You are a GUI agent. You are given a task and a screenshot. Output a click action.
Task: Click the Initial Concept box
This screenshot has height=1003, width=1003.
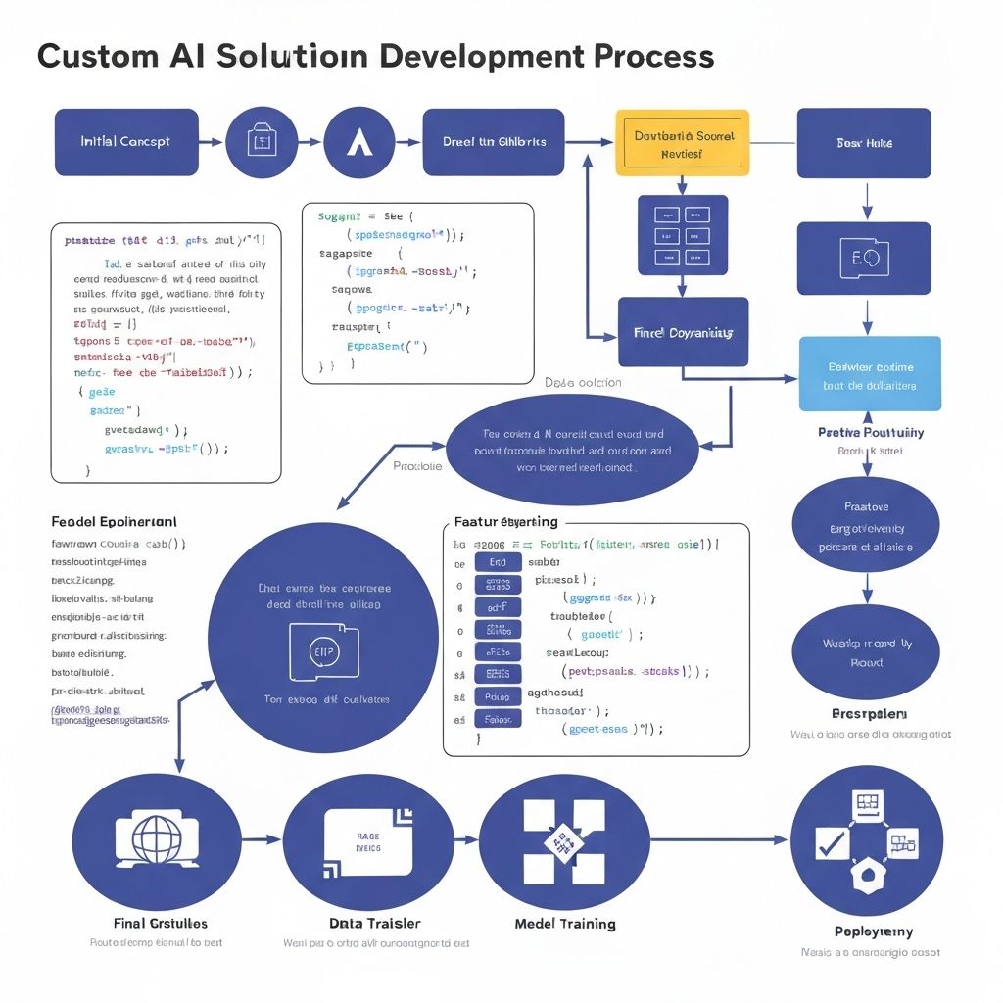pyautogui.click(x=126, y=142)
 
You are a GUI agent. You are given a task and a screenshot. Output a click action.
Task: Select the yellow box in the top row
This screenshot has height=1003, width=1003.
pyautogui.click(x=683, y=143)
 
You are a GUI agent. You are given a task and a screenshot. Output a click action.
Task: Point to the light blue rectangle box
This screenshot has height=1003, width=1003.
pyautogui.click(x=870, y=374)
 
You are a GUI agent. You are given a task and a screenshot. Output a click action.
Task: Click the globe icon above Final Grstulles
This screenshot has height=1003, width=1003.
pyautogui.click(x=157, y=839)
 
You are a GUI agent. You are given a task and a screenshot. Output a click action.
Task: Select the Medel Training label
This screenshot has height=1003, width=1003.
pyautogui.click(x=565, y=924)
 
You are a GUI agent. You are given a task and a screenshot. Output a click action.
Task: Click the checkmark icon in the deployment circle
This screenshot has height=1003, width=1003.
pyautogui.click(x=832, y=840)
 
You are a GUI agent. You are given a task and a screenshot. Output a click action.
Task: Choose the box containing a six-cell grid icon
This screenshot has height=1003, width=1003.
pyautogui.click(x=683, y=235)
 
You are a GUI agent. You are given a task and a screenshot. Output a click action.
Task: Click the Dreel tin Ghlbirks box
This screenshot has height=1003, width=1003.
pyautogui.click(x=493, y=142)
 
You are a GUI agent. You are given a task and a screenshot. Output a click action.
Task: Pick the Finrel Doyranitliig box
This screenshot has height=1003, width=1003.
pyautogui.click(x=683, y=333)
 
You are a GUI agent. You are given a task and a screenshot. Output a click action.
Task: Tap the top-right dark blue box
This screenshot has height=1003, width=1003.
pyautogui.click(x=864, y=143)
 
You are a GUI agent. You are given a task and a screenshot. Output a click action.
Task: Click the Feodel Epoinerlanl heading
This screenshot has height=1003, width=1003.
pyautogui.click(x=114, y=522)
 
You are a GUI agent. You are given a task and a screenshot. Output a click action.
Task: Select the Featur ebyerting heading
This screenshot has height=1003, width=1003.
pyautogui.click(x=506, y=522)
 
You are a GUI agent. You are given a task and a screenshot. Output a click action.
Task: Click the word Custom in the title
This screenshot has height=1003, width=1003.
pyautogui.click(x=94, y=57)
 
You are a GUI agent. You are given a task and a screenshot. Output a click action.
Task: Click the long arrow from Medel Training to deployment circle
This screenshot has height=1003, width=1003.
pyautogui.click(x=720, y=839)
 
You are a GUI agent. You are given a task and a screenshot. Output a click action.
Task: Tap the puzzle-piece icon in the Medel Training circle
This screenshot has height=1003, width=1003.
pyautogui.click(x=563, y=840)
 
